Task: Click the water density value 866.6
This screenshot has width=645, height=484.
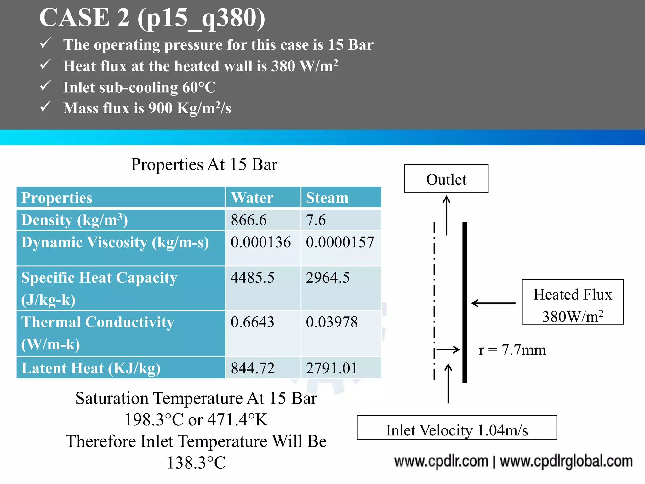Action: pos(248,220)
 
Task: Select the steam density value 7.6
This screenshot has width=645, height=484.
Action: pos(316,220)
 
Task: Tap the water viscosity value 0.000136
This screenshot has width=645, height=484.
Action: pos(260,242)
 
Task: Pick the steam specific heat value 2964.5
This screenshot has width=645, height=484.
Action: pos(328,278)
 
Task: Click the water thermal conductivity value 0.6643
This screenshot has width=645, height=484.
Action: pos(252,322)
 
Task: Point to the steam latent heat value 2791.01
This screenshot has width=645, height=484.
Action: pos(331,368)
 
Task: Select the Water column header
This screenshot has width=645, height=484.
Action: pos(252,198)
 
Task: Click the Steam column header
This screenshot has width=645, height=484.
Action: pos(327,198)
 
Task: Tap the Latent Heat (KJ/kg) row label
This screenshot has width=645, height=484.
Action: pos(91,368)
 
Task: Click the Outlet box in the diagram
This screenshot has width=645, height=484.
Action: pos(446,179)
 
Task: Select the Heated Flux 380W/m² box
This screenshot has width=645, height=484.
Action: pos(573,302)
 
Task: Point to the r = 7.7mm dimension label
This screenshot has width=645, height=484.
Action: pos(512,350)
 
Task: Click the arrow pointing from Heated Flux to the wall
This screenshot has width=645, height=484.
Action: pos(493,303)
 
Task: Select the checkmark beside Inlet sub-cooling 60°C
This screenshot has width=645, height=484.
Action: pos(45,86)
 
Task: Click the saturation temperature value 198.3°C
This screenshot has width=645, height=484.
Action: pos(154,420)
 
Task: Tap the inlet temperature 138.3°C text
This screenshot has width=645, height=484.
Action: pos(196,463)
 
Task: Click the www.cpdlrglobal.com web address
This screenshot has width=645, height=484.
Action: pos(566,462)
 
